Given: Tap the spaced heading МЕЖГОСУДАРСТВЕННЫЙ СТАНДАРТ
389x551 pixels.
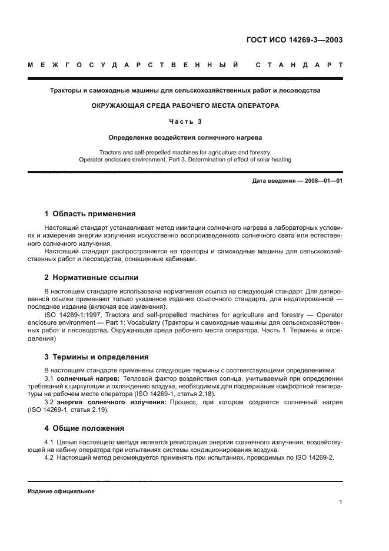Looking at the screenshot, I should (185, 65).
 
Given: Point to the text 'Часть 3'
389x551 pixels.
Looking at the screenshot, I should (185, 121).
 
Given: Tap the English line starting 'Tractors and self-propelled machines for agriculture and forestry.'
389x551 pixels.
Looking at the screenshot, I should (185, 152).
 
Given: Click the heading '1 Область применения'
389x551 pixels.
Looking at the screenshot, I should (90, 213).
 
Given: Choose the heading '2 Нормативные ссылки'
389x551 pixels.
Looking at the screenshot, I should (92, 277).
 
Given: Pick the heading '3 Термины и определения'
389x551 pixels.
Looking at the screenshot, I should (97, 357).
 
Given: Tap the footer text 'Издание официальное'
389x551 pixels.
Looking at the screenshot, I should (61, 491).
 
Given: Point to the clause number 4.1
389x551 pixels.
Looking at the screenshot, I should (49, 441).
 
